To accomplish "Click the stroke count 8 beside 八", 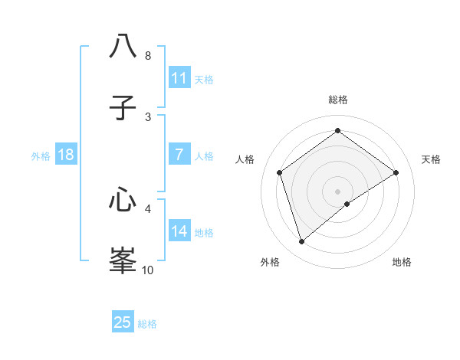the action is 148,56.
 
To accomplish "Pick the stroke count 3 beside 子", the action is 148,117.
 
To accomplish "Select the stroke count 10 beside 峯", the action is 148,270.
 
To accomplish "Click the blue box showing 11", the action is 179,78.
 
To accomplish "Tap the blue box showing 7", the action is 179,155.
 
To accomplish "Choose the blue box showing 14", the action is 179,231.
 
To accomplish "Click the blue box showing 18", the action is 66,155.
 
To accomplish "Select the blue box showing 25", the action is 123,322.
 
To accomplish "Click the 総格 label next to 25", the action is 147,324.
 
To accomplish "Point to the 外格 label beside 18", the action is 41,156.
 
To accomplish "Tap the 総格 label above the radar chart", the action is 338,100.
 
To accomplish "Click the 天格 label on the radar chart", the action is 431,159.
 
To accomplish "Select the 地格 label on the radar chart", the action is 402,262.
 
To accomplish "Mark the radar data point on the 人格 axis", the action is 280,172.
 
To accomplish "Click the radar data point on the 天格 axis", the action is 396,172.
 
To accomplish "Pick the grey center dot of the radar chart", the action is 338,191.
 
